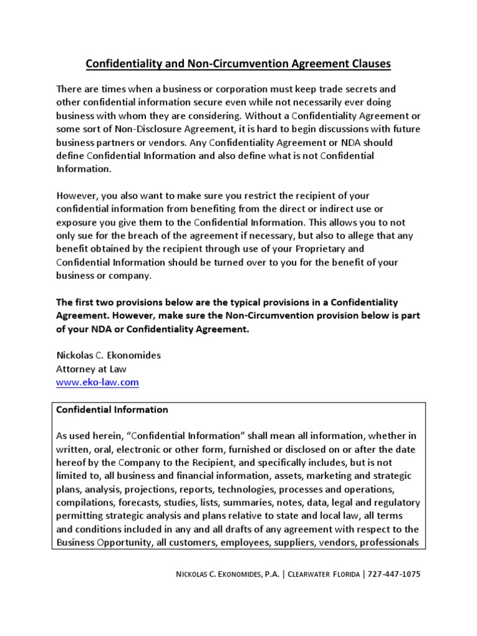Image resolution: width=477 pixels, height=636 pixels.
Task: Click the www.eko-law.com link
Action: pyautogui.click(x=98, y=383)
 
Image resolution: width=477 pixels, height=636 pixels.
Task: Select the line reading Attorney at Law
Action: pyautogui.click(x=91, y=369)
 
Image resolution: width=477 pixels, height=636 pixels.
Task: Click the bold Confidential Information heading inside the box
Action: pyautogui.click(x=112, y=410)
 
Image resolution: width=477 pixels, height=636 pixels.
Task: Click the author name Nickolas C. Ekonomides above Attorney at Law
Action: pyautogui.click(x=109, y=355)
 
